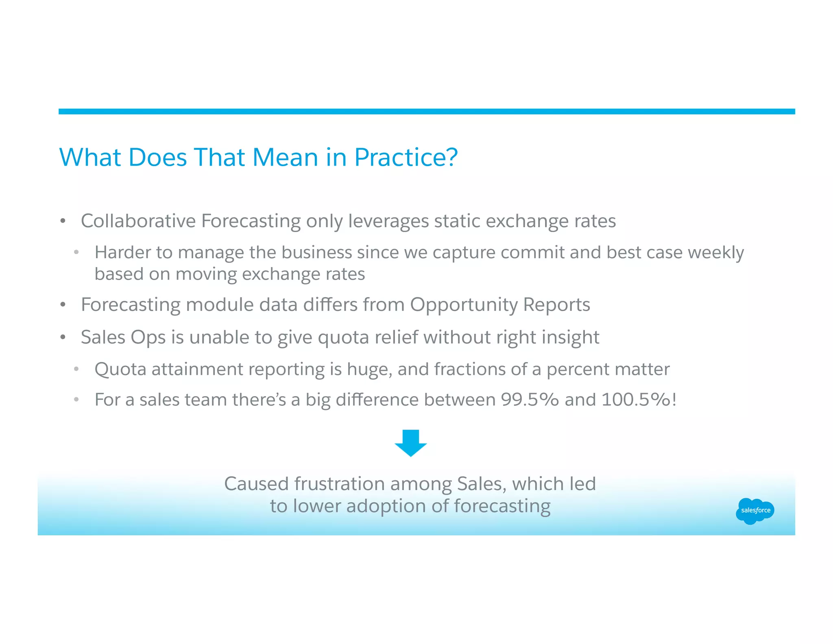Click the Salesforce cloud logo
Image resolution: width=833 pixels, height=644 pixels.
point(755,510)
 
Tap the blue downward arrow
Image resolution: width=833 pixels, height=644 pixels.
point(410,442)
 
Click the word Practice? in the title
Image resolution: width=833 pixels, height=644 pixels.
point(406,157)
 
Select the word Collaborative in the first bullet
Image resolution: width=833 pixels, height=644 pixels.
point(138,221)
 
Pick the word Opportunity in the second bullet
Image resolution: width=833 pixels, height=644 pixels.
point(464,304)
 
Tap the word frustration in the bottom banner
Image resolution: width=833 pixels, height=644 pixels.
point(339,484)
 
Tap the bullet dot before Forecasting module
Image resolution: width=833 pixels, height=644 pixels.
point(63,305)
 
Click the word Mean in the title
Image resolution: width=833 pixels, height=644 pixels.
point(285,157)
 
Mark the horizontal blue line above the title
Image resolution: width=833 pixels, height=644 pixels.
point(426,112)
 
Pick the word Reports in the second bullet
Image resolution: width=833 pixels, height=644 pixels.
point(556,304)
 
